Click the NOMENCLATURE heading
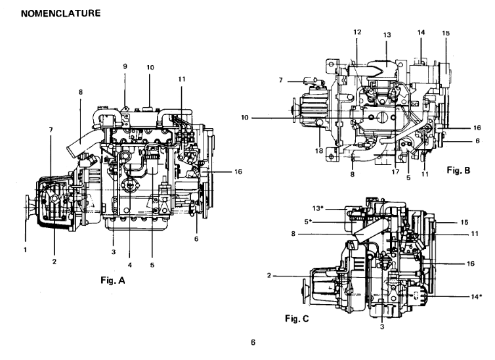click(x=60, y=13)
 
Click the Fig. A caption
click(x=113, y=280)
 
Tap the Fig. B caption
click(x=458, y=170)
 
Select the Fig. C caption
click(x=297, y=319)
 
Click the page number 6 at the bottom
click(x=253, y=342)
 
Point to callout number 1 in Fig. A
click(x=25, y=250)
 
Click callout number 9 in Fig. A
click(x=125, y=66)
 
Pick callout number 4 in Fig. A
click(x=130, y=265)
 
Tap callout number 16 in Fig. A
click(x=238, y=171)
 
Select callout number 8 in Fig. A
click(x=81, y=92)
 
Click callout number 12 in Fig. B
click(x=357, y=32)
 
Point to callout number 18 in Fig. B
click(x=319, y=150)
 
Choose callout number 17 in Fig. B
click(x=395, y=172)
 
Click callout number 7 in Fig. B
click(x=280, y=80)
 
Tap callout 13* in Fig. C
click(x=318, y=208)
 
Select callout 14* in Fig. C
click(x=477, y=296)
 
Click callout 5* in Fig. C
click(x=308, y=221)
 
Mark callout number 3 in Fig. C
click(x=382, y=327)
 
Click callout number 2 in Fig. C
click(x=269, y=275)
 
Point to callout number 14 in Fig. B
click(x=421, y=32)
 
